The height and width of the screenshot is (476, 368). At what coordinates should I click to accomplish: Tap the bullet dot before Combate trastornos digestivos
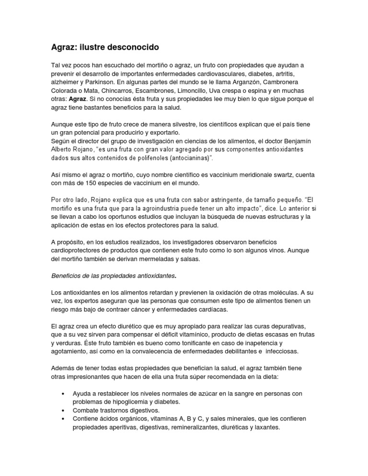(64, 410)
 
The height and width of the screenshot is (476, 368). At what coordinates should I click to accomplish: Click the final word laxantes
(266, 428)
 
